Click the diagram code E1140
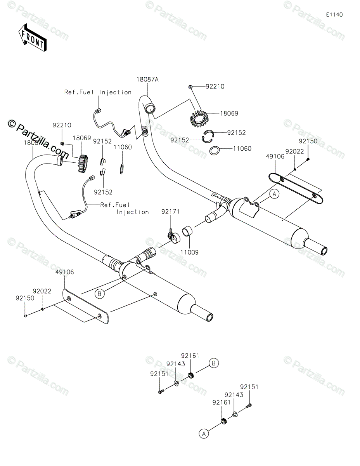tap(334, 15)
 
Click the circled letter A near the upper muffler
tap(274, 195)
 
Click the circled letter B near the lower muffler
tap(99, 294)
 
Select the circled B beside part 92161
tap(214, 363)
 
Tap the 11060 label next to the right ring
tap(242, 148)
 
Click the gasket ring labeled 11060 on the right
tap(215, 150)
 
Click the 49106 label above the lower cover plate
tap(64, 272)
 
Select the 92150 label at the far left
tap(25, 298)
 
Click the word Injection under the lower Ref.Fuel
tap(133, 212)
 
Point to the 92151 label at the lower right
tap(249, 387)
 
